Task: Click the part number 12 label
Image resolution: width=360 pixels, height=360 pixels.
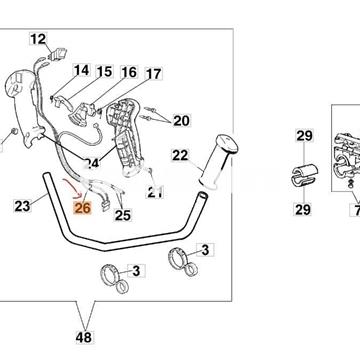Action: point(38,39)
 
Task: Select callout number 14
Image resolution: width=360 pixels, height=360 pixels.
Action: point(81,70)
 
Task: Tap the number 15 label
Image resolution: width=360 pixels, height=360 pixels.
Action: point(104,71)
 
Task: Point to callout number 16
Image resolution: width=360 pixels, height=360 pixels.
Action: point(129,72)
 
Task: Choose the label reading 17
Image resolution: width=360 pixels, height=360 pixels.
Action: point(154,74)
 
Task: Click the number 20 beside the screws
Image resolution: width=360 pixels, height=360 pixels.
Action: point(181,121)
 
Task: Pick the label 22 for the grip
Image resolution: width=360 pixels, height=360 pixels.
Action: point(180,155)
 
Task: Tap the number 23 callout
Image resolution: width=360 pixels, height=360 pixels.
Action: point(22,206)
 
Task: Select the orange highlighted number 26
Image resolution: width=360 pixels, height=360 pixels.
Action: point(83,208)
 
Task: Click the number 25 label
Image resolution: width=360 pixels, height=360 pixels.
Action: point(123,215)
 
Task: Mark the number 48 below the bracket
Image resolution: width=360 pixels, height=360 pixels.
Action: point(84,338)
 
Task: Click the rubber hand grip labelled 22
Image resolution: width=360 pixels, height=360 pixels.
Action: point(218,161)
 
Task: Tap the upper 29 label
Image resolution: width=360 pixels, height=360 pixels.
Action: point(304,136)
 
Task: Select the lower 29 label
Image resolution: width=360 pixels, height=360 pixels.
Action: point(303,209)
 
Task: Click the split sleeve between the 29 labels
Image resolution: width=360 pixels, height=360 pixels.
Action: point(305,175)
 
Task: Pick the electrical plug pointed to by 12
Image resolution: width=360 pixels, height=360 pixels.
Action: point(58,54)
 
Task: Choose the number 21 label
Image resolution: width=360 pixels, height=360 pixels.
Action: point(155,192)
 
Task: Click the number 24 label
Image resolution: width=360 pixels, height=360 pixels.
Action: point(92,163)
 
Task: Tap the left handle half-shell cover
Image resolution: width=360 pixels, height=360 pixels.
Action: point(23,108)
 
